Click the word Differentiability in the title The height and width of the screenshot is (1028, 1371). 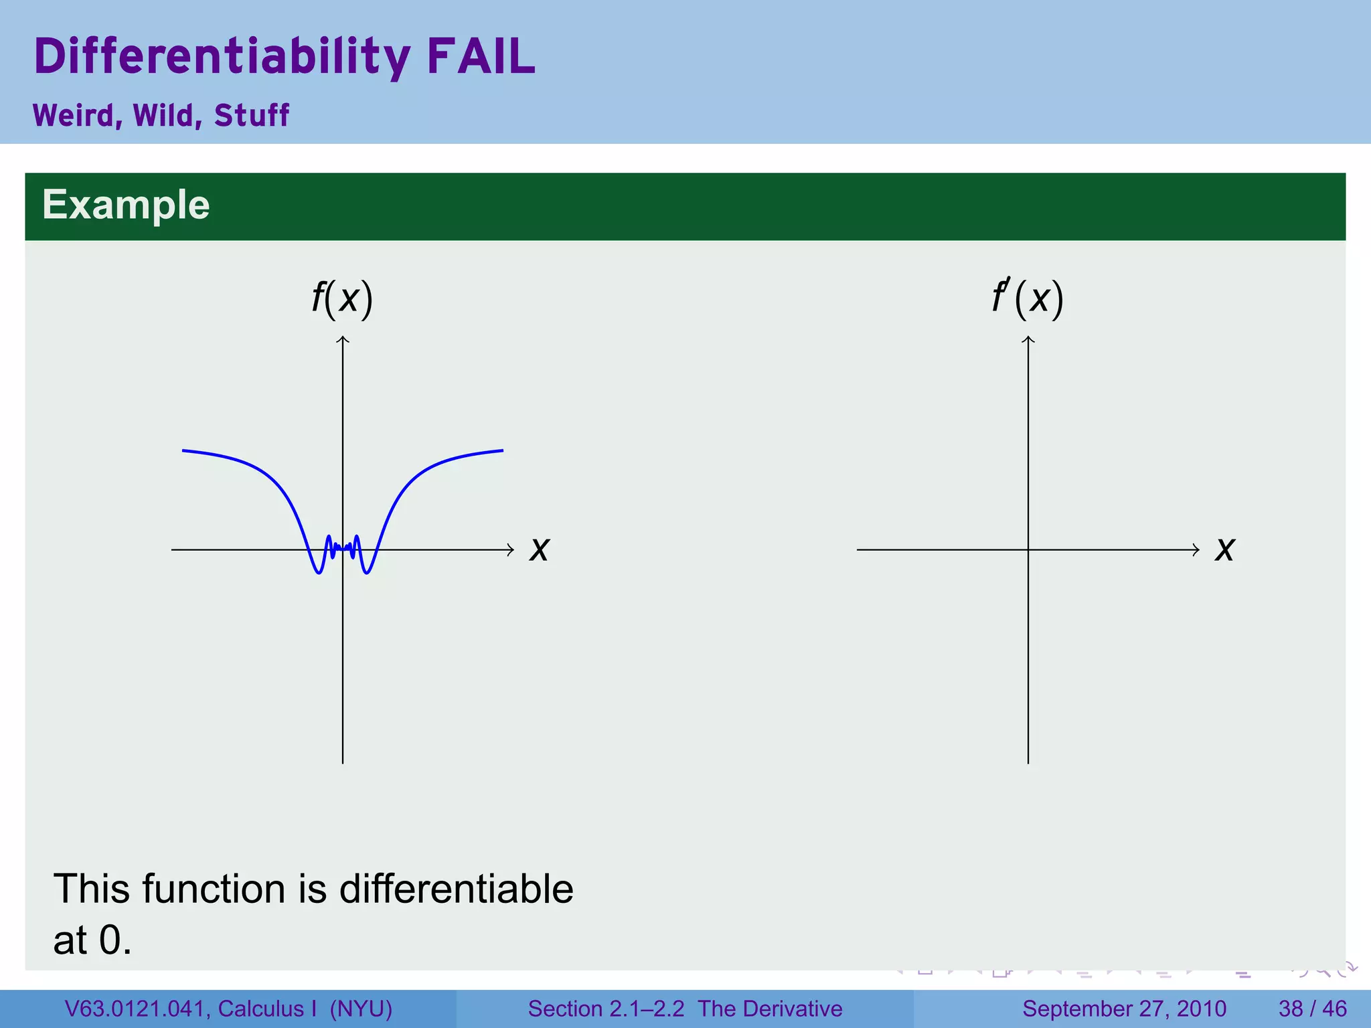(x=222, y=58)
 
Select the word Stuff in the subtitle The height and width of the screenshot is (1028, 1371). (x=251, y=115)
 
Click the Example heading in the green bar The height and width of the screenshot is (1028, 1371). (x=126, y=205)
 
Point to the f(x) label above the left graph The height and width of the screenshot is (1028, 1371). (x=342, y=298)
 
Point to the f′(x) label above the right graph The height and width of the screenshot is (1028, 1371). (x=1028, y=298)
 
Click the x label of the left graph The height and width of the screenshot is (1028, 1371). (x=540, y=549)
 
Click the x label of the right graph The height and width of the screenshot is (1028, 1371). (x=1225, y=549)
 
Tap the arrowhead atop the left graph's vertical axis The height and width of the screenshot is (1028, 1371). (x=343, y=339)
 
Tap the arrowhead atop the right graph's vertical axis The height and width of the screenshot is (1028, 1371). (x=1028, y=339)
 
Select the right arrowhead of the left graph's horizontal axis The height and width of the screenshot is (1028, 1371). (x=511, y=550)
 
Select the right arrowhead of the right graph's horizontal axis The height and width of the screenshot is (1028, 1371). (x=1196, y=550)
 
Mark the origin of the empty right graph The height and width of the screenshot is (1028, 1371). (x=1028, y=550)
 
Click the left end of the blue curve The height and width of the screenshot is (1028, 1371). (x=183, y=450)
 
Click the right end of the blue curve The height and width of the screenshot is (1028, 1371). (x=502, y=450)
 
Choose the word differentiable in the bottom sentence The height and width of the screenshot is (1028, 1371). (x=456, y=889)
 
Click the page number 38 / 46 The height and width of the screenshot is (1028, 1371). (x=1312, y=1009)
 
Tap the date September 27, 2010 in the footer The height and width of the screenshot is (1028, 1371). (x=1124, y=1009)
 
